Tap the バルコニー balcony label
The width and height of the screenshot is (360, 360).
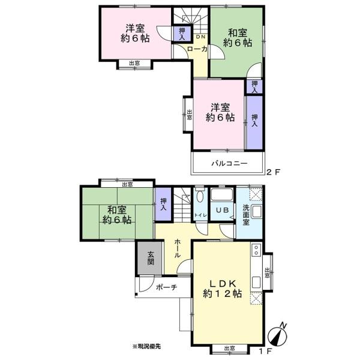click(x=229, y=163)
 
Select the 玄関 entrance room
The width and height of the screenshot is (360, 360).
click(x=150, y=257)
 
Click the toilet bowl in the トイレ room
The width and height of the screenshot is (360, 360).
click(x=200, y=197)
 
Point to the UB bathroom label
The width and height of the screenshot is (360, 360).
click(x=222, y=210)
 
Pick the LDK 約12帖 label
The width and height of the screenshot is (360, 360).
click(x=222, y=289)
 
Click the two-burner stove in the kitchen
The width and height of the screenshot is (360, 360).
click(x=256, y=250)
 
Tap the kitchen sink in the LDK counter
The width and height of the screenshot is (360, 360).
click(x=256, y=282)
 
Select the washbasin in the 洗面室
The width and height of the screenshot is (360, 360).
click(x=256, y=212)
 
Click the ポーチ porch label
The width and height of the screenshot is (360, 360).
click(x=166, y=287)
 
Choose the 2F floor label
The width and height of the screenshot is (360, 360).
click(x=273, y=172)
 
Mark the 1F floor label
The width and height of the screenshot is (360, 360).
click(x=266, y=351)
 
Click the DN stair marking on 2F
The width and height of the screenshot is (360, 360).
click(x=200, y=37)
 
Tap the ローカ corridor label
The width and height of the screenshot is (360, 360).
click(x=197, y=49)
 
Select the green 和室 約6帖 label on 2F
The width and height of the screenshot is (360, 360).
click(x=238, y=38)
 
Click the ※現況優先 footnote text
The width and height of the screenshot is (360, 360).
click(x=146, y=346)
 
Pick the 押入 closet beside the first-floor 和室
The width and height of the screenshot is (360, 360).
click(x=163, y=205)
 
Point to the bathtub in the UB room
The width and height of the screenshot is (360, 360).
click(x=222, y=194)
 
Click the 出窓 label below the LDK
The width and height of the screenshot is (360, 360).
click(x=229, y=349)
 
